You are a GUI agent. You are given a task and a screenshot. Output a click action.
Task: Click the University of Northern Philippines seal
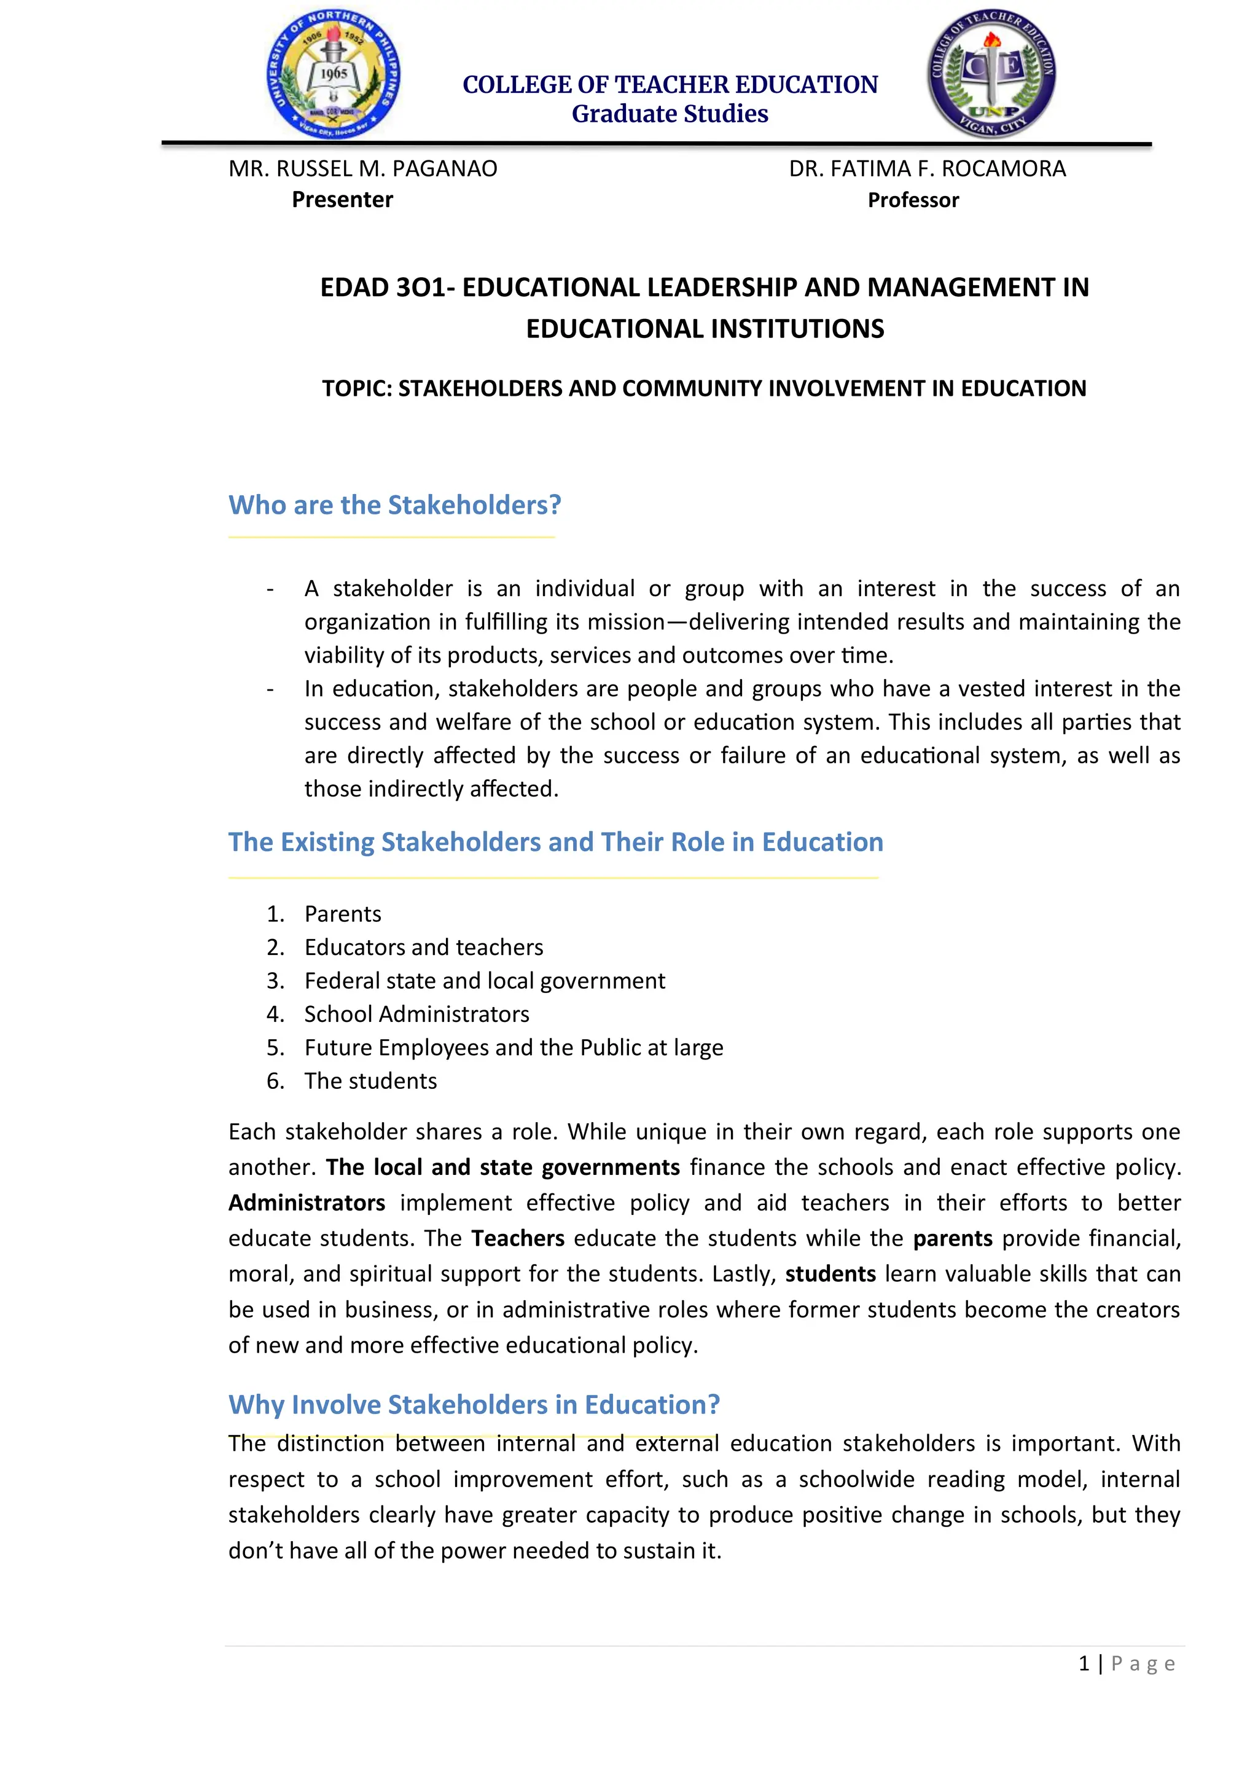tap(334, 75)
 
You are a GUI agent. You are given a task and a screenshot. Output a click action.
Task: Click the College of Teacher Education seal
tap(991, 75)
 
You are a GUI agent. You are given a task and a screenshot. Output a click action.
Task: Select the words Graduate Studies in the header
tap(670, 114)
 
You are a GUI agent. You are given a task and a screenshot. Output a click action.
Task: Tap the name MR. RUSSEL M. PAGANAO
tap(362, 168)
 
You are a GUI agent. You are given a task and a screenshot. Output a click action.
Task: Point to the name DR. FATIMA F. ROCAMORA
tap(928, 168)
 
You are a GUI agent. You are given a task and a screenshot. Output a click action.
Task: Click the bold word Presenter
tap(342, 200)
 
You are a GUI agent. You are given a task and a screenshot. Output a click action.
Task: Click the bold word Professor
tap(913, 200)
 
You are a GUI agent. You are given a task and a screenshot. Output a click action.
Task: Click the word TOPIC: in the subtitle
tap(356, 388)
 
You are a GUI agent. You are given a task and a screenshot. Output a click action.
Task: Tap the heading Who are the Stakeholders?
tap(394, 505)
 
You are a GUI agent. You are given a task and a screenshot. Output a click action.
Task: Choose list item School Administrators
tap(416, 1015)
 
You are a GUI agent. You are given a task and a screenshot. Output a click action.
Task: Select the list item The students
tap(370, 1081)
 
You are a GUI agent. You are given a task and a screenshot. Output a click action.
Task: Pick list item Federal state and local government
tap(484, 981)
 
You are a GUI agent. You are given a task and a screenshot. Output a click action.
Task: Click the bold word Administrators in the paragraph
tap(307, 1203)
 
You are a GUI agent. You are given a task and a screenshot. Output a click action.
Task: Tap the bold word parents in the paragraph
tap(952, 1239)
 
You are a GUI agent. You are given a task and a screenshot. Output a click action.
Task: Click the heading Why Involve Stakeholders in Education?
tap(474, 1405)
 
